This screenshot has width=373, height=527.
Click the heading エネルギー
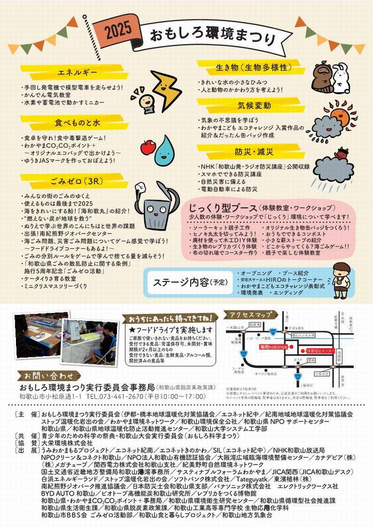click(x=74, y=72)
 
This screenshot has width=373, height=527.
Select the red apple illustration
click(x=148, y=147)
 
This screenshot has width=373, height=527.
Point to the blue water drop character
click(x=165, y=149)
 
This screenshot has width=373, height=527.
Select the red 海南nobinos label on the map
click(x=273, y=348)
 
